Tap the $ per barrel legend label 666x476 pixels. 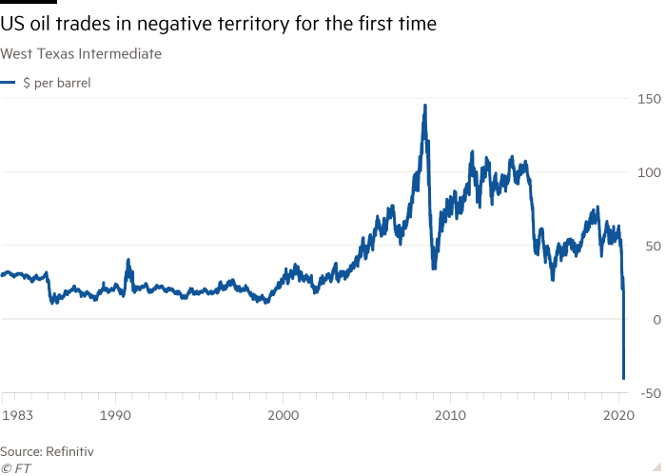56,83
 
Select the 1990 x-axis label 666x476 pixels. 115,415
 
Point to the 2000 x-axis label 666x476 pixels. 283,415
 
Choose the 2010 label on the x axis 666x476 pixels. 450,415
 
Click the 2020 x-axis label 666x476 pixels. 618,415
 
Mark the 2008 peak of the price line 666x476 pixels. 424,105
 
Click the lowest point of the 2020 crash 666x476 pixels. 623,379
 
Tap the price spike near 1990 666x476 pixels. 128,260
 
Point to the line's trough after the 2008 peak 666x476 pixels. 434,268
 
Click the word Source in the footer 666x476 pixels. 20,450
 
